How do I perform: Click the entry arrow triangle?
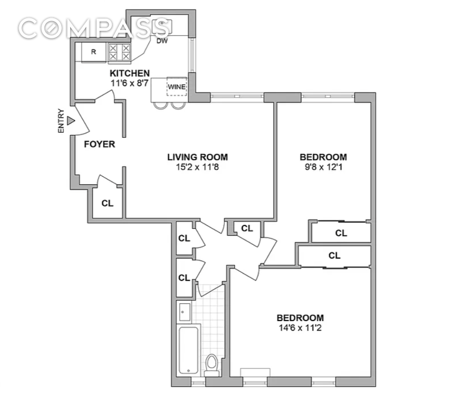point(70,121)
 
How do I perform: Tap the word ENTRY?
point(61,121)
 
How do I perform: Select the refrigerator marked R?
point(94,52)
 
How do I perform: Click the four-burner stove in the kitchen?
point(119,52)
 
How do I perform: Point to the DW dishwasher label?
point(162,41)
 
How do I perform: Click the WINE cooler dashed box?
point(177,86)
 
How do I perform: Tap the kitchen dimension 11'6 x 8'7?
point(130,83)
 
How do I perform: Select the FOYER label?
point(99,144)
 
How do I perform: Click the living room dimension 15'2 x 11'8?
point(197,166)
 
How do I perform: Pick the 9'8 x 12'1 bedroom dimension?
point(323,166)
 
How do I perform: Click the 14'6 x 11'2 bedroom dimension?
point(300,327)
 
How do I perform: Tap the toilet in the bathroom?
point(212,366)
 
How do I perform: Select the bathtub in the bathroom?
point(189,350)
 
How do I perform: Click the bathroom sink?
point(184,312)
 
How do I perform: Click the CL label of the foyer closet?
point(107,203)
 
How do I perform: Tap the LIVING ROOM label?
point(197,157)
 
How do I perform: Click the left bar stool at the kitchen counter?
point(160,106)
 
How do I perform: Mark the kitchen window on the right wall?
point(192,55)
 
